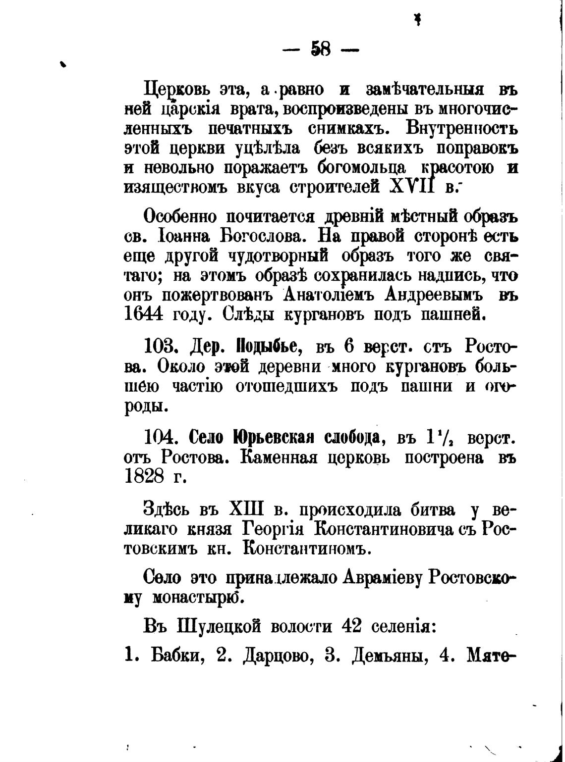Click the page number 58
(x=321, y=49)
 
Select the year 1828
(x=144, y=477)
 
